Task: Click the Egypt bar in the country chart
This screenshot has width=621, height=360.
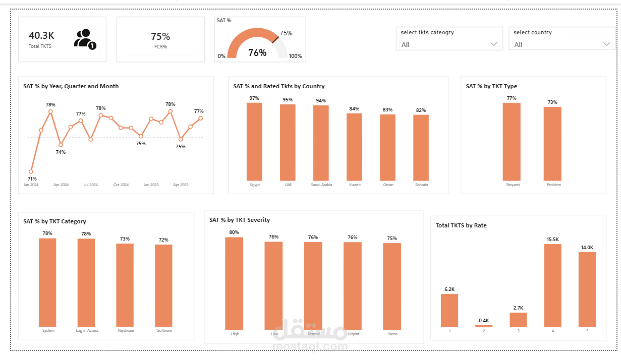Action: point(254,142)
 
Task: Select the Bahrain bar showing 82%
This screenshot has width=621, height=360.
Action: point(421,148)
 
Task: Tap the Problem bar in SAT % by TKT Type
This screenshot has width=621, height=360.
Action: point(552,144)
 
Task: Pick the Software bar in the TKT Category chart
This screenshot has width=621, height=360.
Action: point(163,285)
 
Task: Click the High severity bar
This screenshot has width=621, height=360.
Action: point(234,283)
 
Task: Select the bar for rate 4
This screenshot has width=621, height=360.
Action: point(552,285)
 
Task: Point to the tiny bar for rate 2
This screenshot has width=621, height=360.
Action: point(484,326)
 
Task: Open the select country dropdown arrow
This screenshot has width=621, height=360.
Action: point(607,44)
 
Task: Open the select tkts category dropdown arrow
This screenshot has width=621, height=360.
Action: point(494,44)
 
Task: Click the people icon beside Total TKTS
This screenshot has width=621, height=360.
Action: point(84,39)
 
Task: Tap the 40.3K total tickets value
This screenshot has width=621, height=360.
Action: point(41,35)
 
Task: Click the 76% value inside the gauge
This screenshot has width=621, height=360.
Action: point(257,52)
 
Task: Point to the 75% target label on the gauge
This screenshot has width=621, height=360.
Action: point(286,33)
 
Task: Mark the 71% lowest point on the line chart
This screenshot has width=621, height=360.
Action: point(31,171)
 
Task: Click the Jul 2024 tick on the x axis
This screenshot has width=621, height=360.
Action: point(91,185)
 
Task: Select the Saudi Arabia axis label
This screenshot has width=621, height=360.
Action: point(321,185)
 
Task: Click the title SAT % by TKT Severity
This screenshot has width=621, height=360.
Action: point(240,220)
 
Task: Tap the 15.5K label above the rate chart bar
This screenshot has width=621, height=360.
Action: point(552,239)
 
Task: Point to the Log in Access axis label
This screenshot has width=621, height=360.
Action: point(87,331)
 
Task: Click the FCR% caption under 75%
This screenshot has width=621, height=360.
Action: point(160,46)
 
